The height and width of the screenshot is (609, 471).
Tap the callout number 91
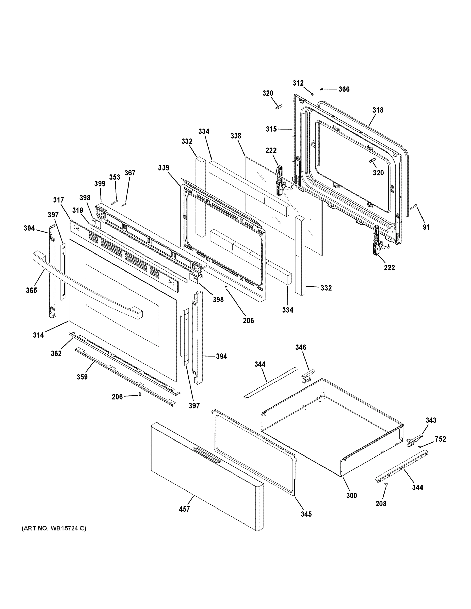click(426, 227)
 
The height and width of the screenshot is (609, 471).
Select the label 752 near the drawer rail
click(440, 439)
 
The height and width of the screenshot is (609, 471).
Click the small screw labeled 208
click(386, 485)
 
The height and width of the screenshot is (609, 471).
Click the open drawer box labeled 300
click(332, 429)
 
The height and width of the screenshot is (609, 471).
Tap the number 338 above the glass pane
click(236, 136)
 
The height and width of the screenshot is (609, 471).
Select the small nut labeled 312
click(313, 94)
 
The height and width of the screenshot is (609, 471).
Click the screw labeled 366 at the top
click(322, 89)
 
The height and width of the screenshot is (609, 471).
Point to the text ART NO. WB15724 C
click(54, 528)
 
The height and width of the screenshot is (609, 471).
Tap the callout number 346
click(301, 347)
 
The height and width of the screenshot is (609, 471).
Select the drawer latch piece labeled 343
click(413, 441)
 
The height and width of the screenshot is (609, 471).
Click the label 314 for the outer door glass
click(38, 335)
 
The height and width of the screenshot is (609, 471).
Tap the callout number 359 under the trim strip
click(82, 377)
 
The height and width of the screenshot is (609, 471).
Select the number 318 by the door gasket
click(378, 110)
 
